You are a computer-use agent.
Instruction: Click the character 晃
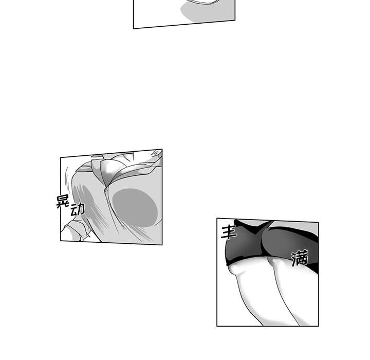pyautogui.click(x=62, y=201)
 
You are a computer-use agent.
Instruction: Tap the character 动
pyautogui.click(x=78, y=209)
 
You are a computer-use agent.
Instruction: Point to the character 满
pyautogui.click(x=300, y=258)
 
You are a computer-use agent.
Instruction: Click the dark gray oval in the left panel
pyautogui.click(x=135, y=208)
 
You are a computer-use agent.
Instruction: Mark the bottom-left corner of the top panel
pyautogui.click(x=134, y=29)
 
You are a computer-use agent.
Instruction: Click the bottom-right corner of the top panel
pyautogui.click(x=235, y=21)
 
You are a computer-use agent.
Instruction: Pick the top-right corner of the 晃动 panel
pyautogui.click(x=162, y=149)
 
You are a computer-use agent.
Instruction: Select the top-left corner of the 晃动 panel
pyautogui.click(x=61, y=157)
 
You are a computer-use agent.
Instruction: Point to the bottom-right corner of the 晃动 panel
pyautogui.click(x=162, y=245)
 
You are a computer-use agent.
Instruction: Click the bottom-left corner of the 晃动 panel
pyautogui.click(x=61, y=241)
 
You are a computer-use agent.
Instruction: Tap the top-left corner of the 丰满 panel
pyautogui.click(x=217, y=218)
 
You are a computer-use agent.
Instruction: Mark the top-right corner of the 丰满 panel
pyautogui.click(x=318, y=222)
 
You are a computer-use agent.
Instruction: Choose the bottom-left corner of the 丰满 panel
pyautogui.click(x=217, y=326)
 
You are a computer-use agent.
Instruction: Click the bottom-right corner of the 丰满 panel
pyautogui.click(x=318, y=326)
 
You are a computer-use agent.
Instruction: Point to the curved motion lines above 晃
pyautogui.click(x=67, y=179)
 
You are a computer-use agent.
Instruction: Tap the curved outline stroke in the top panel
pyautogui.click(x=203, y=3)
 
